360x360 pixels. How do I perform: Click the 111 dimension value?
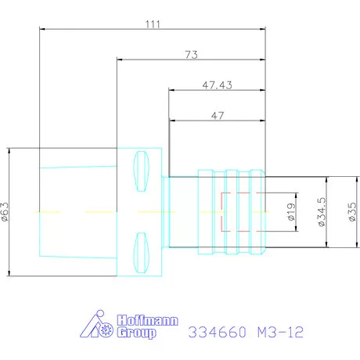(153, 24)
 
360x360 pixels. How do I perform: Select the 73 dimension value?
(192, 55)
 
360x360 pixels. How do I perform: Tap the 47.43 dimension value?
(217, 85)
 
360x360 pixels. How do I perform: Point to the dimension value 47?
(218, 116)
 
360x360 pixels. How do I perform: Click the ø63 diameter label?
(5, 212)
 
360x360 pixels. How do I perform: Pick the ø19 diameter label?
(291, 212)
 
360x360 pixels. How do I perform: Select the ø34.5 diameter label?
(322, 211)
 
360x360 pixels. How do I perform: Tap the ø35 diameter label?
(352, 212)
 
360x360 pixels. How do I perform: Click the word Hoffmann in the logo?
(148, 320)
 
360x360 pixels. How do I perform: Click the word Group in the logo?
(136, 333)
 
